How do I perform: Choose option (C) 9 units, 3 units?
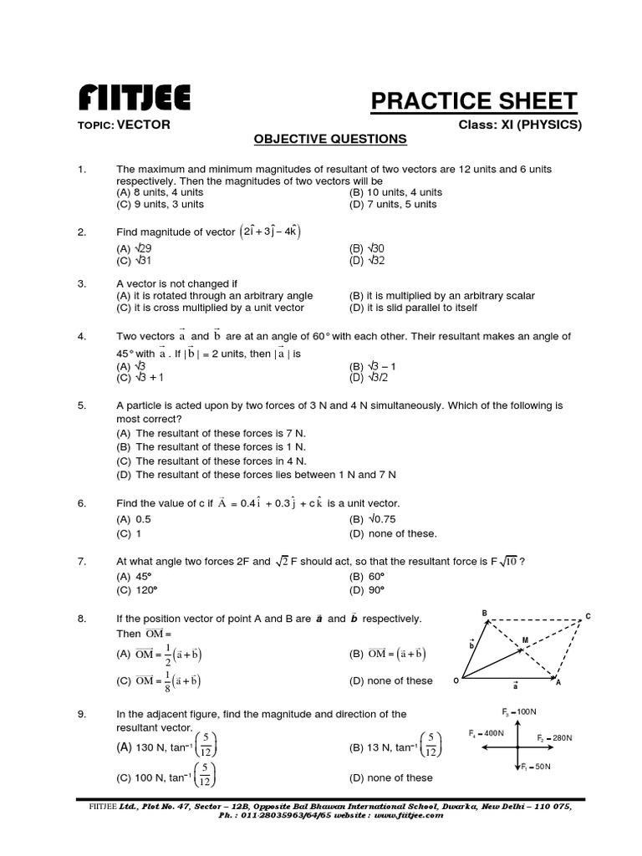coord(160,204)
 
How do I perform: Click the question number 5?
coord(82,405)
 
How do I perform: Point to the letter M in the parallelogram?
coord(525,640)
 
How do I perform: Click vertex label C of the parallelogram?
coord(588,616)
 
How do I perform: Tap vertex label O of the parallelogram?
coord(456,680)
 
